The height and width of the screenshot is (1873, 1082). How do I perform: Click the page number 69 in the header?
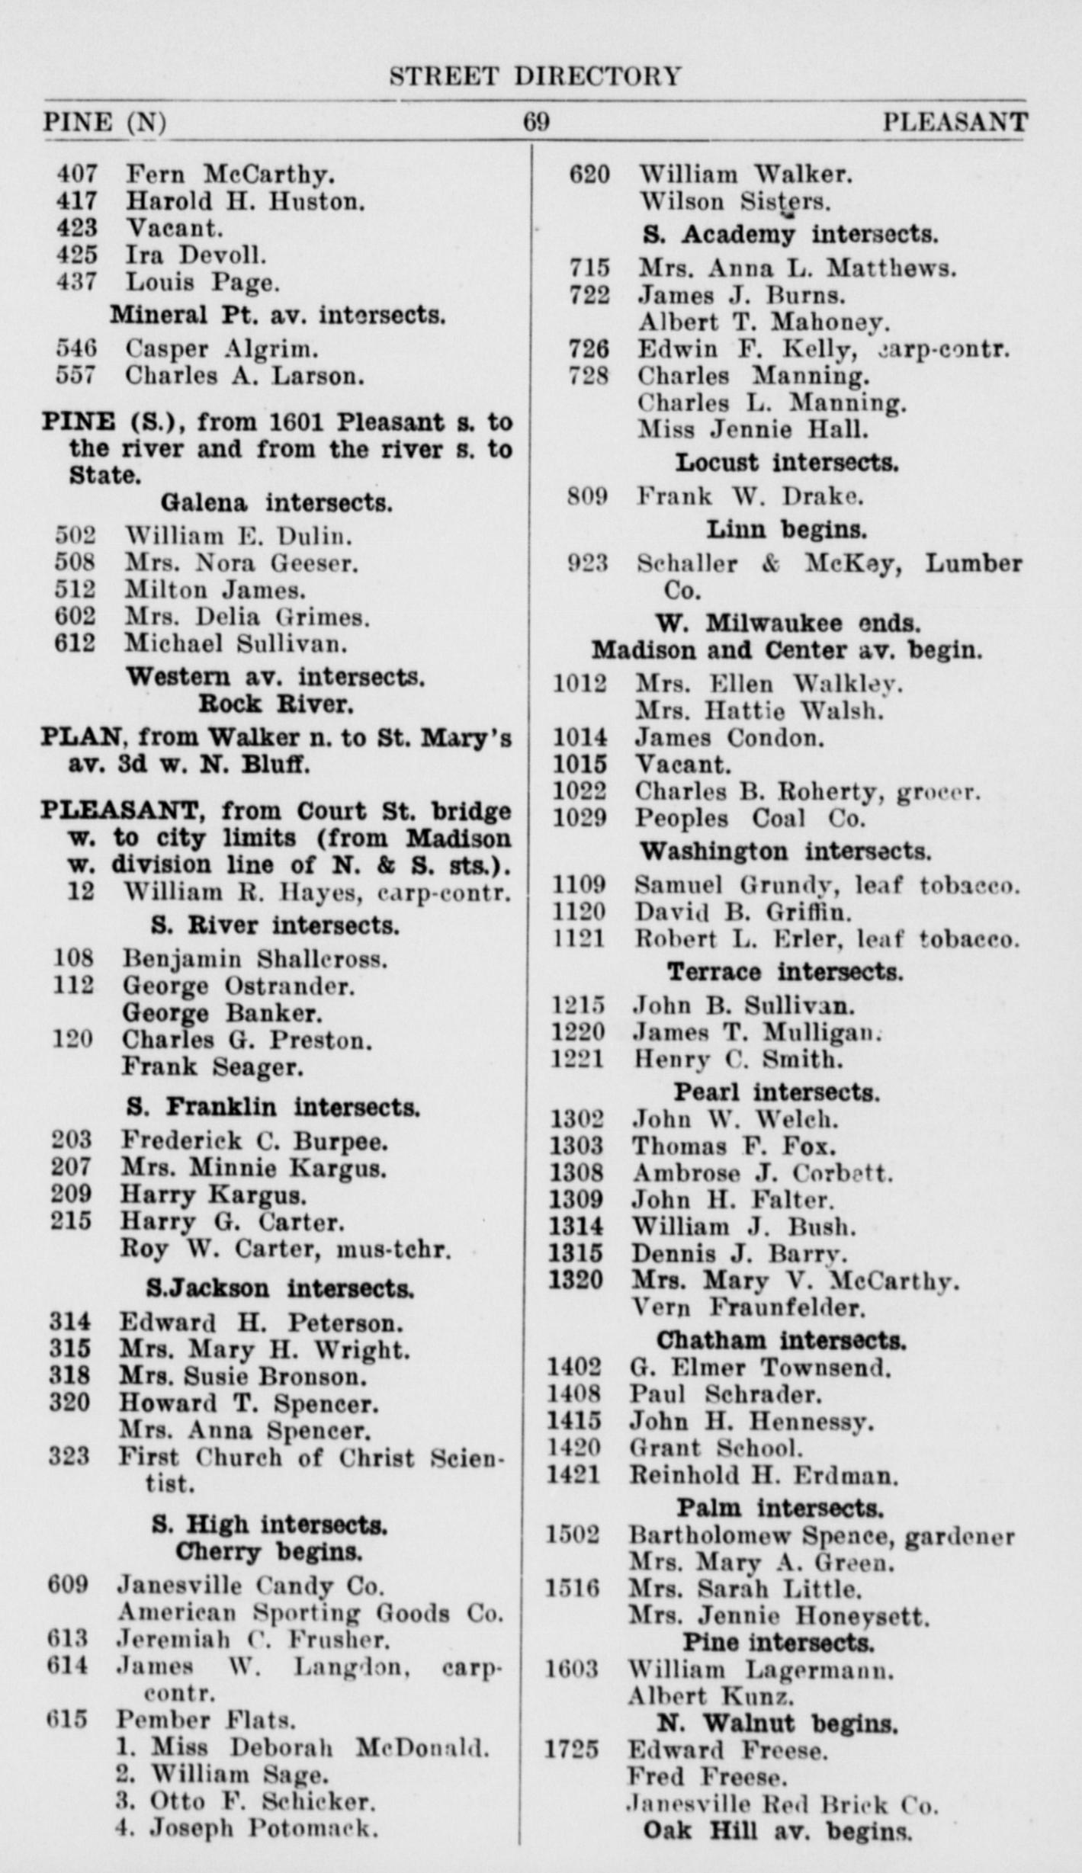[536, 123]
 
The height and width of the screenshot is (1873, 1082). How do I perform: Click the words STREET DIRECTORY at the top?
[535, 76]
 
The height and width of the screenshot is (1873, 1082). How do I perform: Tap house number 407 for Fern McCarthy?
[77, 175]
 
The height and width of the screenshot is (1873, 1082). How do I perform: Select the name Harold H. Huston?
[245, 201]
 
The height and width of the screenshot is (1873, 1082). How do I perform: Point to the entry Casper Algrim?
[222, 349]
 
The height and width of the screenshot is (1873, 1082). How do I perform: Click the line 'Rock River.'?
[276, 704]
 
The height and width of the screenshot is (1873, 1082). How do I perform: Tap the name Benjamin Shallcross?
[255, 958]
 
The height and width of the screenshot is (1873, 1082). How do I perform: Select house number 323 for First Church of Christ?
[69, 1457]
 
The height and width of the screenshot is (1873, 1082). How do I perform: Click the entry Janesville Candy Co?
[250, 1586]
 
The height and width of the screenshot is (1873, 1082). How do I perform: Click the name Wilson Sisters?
[734, 202]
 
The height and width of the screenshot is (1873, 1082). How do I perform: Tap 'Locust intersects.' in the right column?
[787, 463]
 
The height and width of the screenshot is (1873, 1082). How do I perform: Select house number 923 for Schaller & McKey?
[588, 563]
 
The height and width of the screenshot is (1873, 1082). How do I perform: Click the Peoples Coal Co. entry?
[750, 818]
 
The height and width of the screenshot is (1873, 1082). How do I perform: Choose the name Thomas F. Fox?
[734, 1146]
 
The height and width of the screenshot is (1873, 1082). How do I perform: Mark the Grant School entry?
[715, 1447]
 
